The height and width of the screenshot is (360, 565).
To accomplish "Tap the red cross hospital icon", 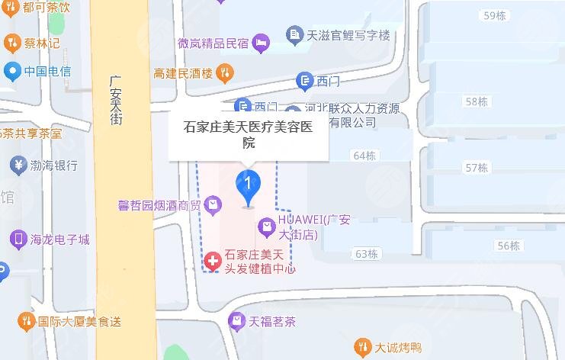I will point(211,261).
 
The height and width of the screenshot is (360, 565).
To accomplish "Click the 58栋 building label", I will point(477,101).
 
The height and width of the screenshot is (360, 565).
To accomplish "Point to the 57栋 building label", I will point(477,167).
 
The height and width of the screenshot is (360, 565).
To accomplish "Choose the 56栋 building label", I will point(508,246).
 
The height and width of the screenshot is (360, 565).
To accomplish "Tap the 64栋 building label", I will point(365,156).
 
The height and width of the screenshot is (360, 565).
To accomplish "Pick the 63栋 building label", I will point(366,253).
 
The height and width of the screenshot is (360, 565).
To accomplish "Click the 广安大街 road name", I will point(116,99).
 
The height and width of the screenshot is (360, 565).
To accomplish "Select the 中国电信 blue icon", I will point(11,72).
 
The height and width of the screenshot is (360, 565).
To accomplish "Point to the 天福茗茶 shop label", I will point(272,321).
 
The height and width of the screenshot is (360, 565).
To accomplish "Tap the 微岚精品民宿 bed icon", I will point(262,43).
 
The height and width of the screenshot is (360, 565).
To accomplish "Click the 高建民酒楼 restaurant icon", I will point(224,73).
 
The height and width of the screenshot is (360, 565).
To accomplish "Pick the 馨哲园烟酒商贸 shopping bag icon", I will point(213,204).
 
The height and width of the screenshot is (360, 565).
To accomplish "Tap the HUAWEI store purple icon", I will point(266,225).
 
